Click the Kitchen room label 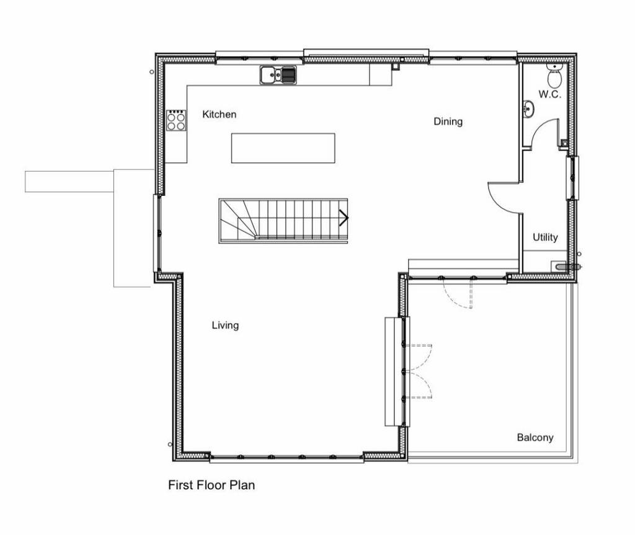[219, 114]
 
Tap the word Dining [448, 121]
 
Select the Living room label [225, 325]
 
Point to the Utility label [545, 237]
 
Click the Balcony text [535, 438]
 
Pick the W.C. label [549, 94]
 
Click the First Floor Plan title [211, 485]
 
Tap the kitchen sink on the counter [278, 76]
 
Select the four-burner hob [177, 120]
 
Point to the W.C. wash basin [528, 108]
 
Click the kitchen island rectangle [283, 148]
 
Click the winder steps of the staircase [237, 220]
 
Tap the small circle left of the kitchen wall [152, 72]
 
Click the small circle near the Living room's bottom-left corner [170, 444]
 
